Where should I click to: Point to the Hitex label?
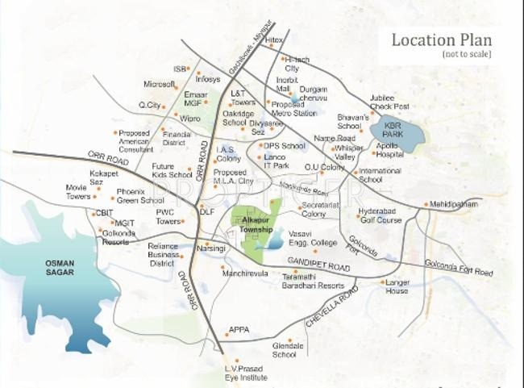pyautogui.click(x=274, y=39)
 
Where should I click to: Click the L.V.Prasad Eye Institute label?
pyautogui.click(x=244, y=373)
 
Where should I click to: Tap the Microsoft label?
pyautogui.click(x=159, y=83)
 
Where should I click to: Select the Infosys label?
pyautogui.click(x=208, y=79)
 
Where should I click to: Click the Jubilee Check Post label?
pyautogui.click(x=389, y=102)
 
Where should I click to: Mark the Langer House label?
pyautogui.click(x=397, y=286)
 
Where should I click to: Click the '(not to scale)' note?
pyautogui.click(x=466, y=53)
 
